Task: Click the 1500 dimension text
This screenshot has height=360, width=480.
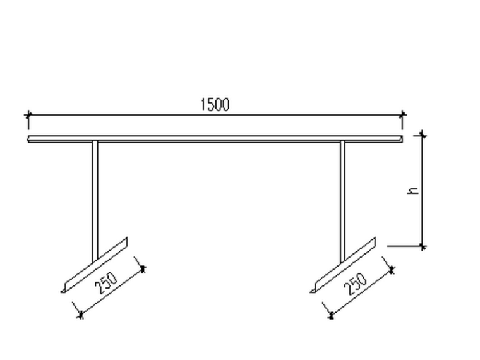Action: point(215,105)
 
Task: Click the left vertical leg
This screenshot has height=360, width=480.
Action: point(95,196)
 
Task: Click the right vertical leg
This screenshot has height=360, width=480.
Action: point(343,196)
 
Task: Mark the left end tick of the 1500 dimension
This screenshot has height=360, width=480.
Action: point(28,115)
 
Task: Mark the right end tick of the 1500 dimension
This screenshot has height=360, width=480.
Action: point(403,115)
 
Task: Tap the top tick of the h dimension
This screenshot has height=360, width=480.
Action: point(423,135)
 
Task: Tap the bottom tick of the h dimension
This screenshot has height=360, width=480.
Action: point(423,246)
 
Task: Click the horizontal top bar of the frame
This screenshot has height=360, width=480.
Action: point(215,138)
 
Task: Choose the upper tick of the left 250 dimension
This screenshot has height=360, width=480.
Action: point(143,268)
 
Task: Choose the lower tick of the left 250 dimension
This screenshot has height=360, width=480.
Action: point(80,314)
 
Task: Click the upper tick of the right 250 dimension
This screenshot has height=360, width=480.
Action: point(392,269)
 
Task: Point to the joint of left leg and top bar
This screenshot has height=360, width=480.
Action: point(95,141)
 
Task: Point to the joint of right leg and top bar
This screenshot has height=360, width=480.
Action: point(343,141)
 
